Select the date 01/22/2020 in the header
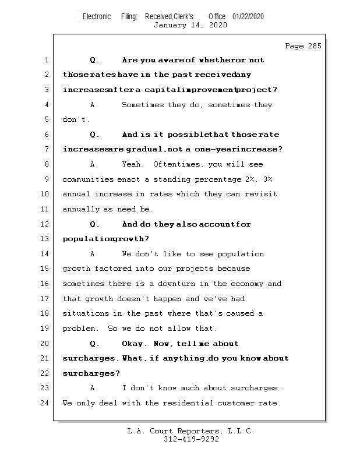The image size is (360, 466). [248, 16]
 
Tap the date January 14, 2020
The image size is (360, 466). [190, 25]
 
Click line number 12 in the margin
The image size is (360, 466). [45, 224]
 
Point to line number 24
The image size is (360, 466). [45, 403]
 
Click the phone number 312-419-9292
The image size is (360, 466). [191, 439]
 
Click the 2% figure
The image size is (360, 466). [250, 179]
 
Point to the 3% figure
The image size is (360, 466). [268, 179]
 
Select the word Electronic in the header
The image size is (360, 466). [97, 16]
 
